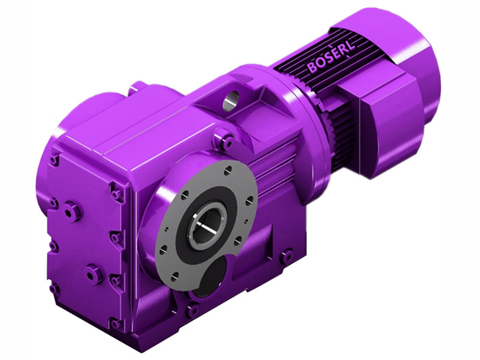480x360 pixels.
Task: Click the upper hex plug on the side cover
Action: coord(72,211)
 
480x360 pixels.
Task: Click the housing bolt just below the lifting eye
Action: coord(226,143)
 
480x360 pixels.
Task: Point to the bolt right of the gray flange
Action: coord(287,256)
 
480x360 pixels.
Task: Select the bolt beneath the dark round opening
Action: coord(192,311)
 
